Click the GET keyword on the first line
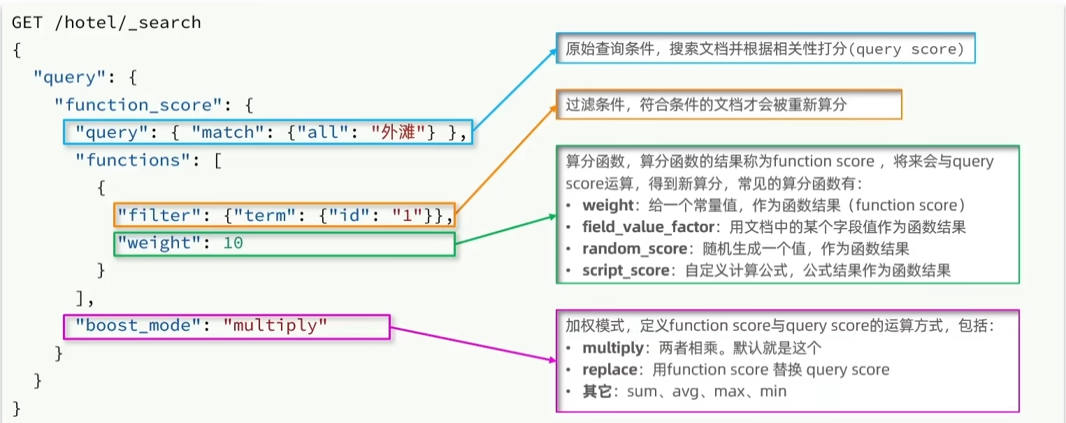(x=26, y=22)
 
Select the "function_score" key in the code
(x=138, y=105)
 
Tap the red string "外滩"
(x=396, y=132)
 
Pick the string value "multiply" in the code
(x=275, y=326)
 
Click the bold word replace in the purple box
(x=609, y=370)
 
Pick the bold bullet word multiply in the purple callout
(x=612, y=348)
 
